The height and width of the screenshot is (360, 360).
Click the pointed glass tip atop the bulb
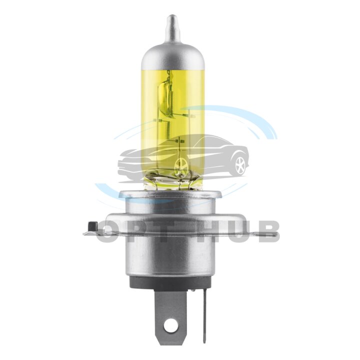click(172, 27)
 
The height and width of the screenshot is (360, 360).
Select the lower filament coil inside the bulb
click(168, 130)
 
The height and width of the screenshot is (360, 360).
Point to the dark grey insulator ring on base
click(172, 282)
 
